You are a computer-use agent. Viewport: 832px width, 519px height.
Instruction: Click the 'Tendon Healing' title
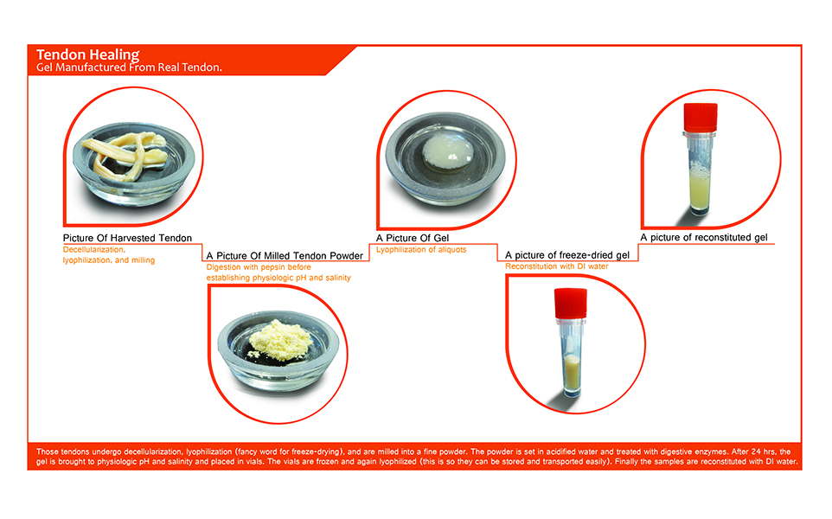click(x=87, y=54)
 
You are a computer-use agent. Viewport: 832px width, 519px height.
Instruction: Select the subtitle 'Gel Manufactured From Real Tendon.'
click(x=129, y=67)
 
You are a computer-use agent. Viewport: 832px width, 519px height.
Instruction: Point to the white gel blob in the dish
click(x=447, y=152)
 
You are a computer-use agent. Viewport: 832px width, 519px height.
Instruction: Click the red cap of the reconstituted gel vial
click(x=701, y=118)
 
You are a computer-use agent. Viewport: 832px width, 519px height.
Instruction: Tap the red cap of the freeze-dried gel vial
click(x=571, y=303)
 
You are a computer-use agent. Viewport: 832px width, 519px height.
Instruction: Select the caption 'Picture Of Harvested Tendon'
click(x=127, y=238)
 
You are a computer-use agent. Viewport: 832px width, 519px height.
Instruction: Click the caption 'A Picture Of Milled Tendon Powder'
click(x=285, y=256)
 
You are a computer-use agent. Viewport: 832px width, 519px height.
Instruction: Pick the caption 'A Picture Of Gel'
click(x=413, y=238)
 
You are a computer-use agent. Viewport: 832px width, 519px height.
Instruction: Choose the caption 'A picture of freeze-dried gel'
click(x=567, y=254)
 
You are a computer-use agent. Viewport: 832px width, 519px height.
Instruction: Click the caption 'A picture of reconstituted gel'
click(x=704, y=237)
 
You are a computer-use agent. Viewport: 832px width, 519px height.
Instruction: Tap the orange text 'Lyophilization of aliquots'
click(x=421, y=249)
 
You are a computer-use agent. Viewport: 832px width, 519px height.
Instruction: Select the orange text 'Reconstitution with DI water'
click(x=557, y=266)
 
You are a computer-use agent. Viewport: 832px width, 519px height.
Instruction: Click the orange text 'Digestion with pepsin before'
click(x=259, y=267)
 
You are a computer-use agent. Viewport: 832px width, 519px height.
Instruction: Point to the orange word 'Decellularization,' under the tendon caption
click(x=94, y=249)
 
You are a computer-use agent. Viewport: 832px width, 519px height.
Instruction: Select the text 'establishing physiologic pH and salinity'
click(x=278, y=278)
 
